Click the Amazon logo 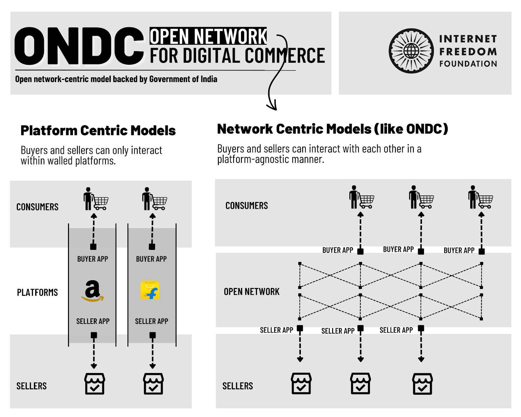(92, 291)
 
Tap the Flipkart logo (150, 290)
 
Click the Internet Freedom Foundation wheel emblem (411, 51)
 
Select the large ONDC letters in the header (79, 46)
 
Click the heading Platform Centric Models (98, 131)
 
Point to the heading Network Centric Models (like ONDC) (332, 129)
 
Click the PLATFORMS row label (37, 293)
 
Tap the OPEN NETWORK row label (251, 292)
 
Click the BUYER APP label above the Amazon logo (92, 259)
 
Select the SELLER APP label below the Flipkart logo (151, 321)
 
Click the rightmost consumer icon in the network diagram (480, 197)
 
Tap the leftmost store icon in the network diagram (301, 383)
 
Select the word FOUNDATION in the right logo (468, 64)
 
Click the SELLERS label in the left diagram (32, 386)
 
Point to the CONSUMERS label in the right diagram (246, 206)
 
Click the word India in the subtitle (209, 79)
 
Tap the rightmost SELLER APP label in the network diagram (396, 330)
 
